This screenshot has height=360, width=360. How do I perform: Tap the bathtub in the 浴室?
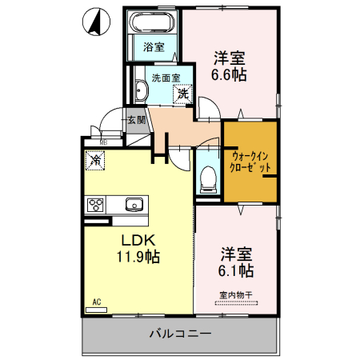click(x=154, y=22)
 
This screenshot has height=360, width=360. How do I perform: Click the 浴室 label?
click(x=154, y=46)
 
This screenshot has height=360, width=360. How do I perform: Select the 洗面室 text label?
click(x=165, y=78)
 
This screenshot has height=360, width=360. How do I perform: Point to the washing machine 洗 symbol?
click(x=183, y=93)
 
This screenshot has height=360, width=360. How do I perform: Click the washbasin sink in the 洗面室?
click(x=142, y=90)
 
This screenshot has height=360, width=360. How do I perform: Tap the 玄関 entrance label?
click(x=135, y=121)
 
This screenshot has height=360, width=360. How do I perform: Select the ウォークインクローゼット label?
click(x=250, y=162)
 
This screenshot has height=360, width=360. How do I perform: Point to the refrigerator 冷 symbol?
click(x=95, y=161)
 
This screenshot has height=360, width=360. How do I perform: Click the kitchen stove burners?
click(x=96, y=203)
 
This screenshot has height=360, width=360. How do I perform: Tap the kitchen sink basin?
click(x=133, y=202)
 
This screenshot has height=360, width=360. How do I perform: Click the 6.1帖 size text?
click(x=237, y=271)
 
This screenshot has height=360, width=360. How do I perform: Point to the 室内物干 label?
click(x=236, y=295)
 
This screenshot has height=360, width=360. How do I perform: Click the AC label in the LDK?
click(x=96, y=302)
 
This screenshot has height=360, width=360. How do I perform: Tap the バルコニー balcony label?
click(x=179, y=334)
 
